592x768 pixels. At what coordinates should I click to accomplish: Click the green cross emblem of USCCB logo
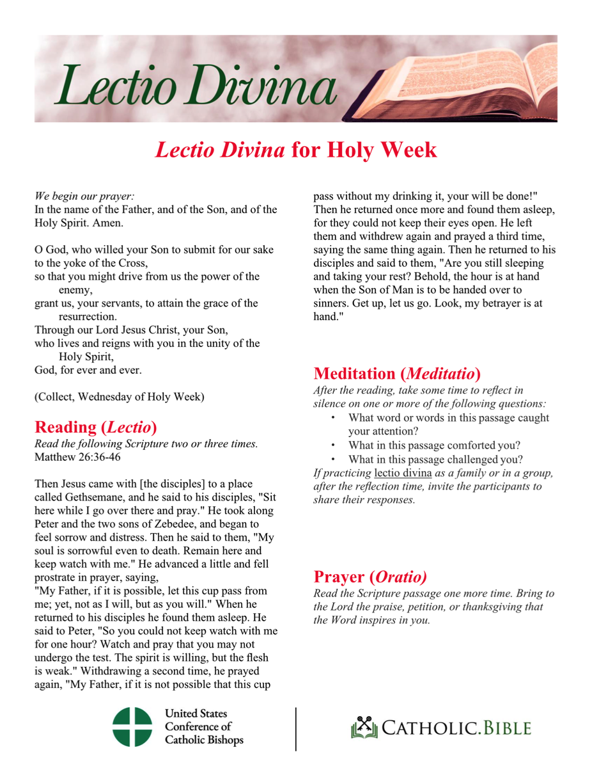point(132,727)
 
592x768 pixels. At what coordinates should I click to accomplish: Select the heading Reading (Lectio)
point(96,427)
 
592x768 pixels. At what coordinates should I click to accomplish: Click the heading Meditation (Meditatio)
point(397,373)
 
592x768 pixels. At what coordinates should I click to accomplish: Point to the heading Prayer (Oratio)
point(370,577)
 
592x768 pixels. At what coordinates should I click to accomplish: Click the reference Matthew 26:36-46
point(77,458)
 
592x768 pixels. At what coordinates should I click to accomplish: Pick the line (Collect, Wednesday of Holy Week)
point(120,396)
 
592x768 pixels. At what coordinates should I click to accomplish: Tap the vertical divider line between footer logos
point(296,728)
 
